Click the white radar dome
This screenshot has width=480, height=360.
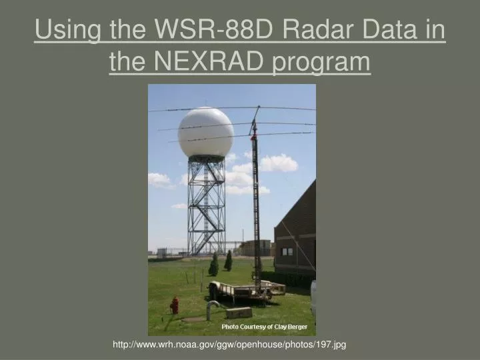coord(206,132)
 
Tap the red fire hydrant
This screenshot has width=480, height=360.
coord(175,305)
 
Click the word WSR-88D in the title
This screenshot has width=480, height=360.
coord(212,31)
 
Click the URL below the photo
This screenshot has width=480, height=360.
coord(229,344)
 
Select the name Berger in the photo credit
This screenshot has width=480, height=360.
coord(294,327)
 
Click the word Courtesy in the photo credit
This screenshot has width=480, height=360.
coord(255,327)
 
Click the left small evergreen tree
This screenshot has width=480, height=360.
coord(214,265)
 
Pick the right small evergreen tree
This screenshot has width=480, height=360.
coord(229,260)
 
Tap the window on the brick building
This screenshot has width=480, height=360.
coord(287,251)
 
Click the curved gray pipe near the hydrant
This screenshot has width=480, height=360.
coord(211,307)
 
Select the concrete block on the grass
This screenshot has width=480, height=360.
coord(239,312)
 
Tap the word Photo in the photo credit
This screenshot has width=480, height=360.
coord(230,327)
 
